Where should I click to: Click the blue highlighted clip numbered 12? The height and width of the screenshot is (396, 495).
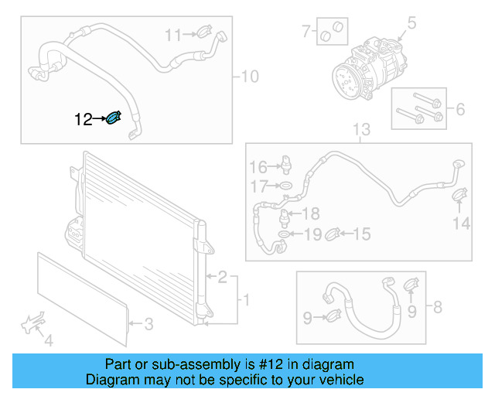tap(114, 118)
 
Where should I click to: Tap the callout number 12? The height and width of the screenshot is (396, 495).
tap(83, 119)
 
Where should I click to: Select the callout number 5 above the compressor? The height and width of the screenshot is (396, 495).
tap(411, 24)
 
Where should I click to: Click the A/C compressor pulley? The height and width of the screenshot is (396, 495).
tap(346, 80)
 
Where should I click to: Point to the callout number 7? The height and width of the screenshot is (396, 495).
tap(306, 32)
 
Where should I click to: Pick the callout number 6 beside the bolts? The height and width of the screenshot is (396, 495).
tap(460, 110)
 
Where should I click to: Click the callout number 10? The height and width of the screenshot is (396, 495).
tap(251, 77)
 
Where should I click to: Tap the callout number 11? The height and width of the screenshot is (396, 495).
tap(172, 34)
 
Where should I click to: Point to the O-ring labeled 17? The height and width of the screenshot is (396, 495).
tap(284, 186)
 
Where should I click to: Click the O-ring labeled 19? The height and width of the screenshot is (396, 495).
tap(284, 233)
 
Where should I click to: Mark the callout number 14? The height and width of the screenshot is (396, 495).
tap(461, 224)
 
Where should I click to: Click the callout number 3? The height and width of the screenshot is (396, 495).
tap(149, 324)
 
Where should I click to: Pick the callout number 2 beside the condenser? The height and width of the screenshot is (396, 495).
tap(222, 277)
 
